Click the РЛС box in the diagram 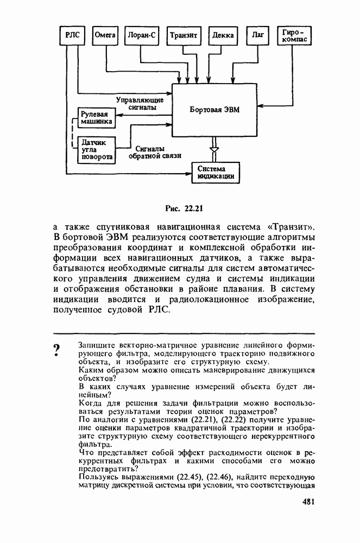73,35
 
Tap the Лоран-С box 141,35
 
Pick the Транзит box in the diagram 182,35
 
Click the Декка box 223,35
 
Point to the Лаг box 257,35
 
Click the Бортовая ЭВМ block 214,110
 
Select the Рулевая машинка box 96,118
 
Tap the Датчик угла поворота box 96,150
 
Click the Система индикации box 216,173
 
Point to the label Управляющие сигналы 140,103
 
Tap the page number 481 309,502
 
